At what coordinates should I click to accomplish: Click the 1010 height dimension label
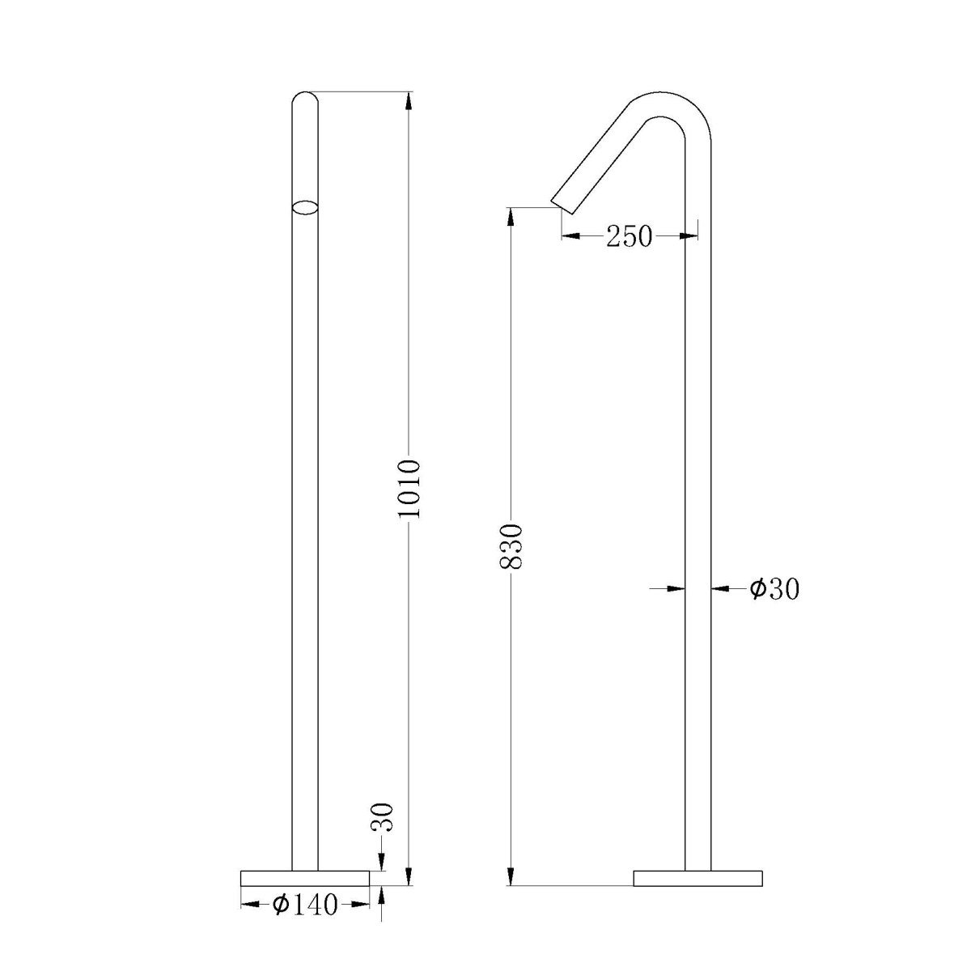(409, 489)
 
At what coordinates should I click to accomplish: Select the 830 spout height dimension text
(511, 547)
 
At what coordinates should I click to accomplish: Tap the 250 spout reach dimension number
(630, 236)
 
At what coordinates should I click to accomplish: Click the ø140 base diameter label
(305, 905)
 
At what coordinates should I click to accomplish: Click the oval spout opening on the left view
(305, 206)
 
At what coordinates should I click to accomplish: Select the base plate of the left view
(305, 878)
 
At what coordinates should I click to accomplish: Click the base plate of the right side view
(698, 878)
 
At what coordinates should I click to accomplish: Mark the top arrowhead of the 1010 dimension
(409, 100)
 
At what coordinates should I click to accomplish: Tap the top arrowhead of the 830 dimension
(511, 217)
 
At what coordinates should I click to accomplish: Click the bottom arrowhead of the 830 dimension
(511, 876)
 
